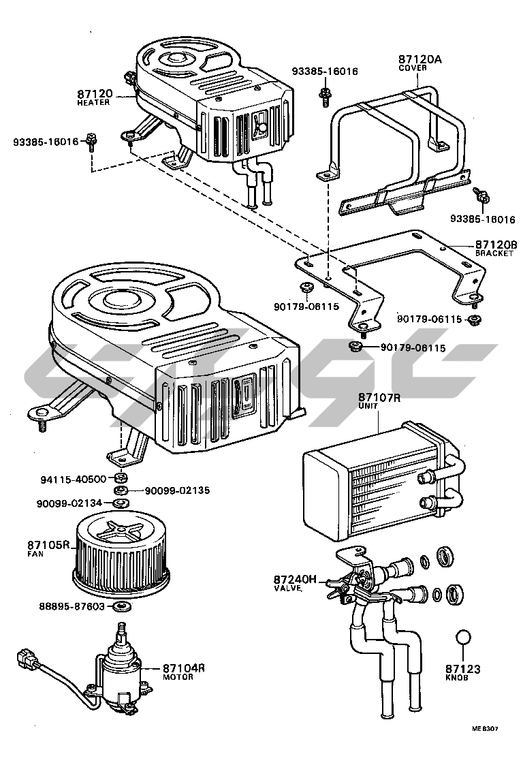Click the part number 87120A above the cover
click(x=420, y=59)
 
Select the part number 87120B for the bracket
click(x=496, y=245)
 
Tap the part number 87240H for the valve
click(x=296, y=579)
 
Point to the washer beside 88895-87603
click(x=121, y=606)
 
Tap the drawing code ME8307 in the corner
click(x=485, y=728)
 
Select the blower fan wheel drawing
click(x=120, y=550)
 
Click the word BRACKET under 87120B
click(x=494, y=253)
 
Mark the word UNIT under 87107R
click(x=368, y=405)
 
